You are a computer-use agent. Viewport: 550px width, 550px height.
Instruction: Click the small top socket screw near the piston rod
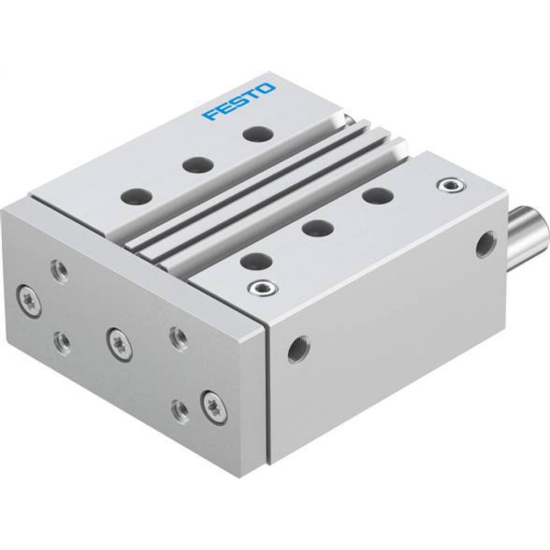click(x=449, y=185)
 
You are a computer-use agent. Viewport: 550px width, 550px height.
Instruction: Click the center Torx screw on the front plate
click(x=119, y=345)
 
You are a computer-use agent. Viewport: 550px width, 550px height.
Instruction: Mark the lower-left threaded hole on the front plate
click(x=62, y=342)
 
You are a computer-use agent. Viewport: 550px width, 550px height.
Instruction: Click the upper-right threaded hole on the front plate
click(x=177, y=336)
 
